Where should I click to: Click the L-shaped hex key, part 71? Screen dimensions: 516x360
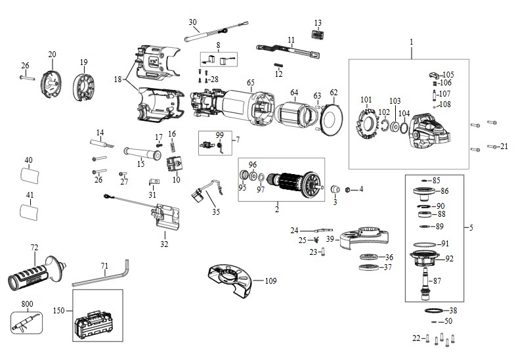pyautogui.click(x=98, y=279)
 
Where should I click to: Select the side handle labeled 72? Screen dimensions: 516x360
pyautogui.click(x=35, y=273)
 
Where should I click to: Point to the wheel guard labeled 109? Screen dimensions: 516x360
pyautogui.click(x=229, y=281)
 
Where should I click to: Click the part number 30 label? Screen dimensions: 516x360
pyautogui.click(x=192, y=22)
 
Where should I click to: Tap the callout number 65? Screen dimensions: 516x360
pyautogui.click(x=251, y=82)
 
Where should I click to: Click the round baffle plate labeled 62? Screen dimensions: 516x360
pyautogui.click(x=332, y=120)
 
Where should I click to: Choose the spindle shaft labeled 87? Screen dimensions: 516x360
pyautogui.click(x=426, y=283)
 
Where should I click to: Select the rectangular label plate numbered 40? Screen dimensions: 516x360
pyautogui.click(x=30, y=175)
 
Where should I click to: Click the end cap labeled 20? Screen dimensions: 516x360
pyautogui.click(x=51, y=85)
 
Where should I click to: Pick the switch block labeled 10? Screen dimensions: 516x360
pyautogui.click(x=175, y=164)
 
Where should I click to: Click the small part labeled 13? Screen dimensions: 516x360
pyautogui.click(x=317, y=34)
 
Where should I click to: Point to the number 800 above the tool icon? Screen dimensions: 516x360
pyautogui.click(x=27, y=304)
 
